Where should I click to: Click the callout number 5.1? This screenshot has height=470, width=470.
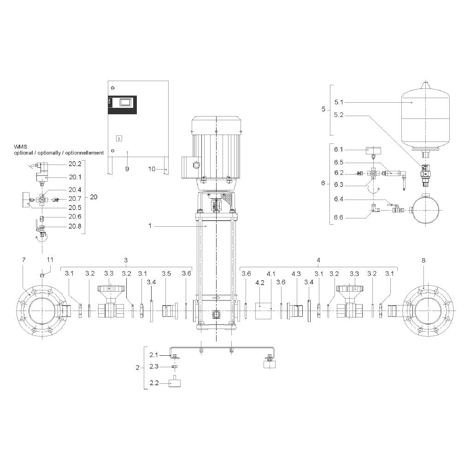click(338, 102)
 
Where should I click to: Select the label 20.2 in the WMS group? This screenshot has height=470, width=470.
click(75, 164)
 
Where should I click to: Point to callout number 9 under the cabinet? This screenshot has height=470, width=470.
click(127, 169)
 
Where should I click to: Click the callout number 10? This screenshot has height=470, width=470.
click(152, 169)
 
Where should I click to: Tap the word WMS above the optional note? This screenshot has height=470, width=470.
click(20, 147)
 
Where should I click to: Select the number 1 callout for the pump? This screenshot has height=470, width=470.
click(150, 226)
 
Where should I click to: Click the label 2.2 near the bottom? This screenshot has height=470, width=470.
click(154, 383)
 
